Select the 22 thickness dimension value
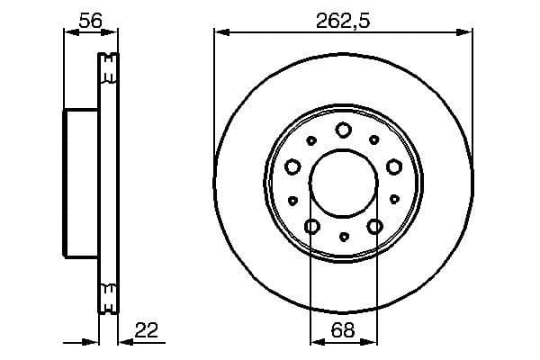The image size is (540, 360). point(146,330)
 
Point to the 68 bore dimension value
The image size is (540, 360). point(343,330)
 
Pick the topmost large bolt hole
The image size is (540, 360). point(343,130)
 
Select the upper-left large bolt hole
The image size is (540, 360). point(292,166)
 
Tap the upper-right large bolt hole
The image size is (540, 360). point(393,166)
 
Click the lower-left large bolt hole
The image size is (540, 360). point(312,226)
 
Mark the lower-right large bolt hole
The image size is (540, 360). point(374,226)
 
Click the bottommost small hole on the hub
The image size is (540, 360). point(343,237)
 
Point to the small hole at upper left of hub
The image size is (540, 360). point(311,140)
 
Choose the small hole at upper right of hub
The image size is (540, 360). point(374,140)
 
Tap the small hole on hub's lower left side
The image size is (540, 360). point(292,200)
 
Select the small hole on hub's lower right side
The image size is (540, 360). point(393,200)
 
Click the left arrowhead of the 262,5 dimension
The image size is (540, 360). point(220,32)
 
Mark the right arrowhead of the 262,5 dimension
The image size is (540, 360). point(467,32)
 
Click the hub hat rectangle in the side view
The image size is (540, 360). point(80,184)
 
